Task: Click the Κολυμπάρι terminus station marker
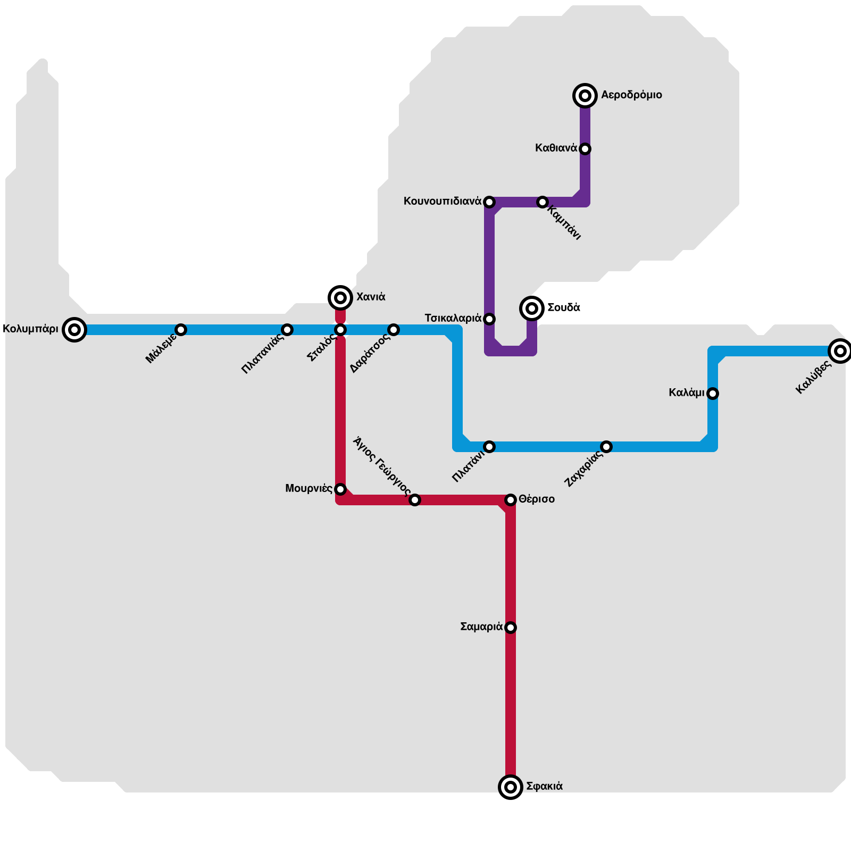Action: click(x=74, y=330)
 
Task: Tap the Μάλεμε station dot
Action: click(x=181, y=330)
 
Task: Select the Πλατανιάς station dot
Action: click(x=287, y=330)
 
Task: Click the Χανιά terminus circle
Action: click(x=340, y=297)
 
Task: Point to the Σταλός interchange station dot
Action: click(x=340, y=330)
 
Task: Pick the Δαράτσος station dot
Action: click(x=394, y=330)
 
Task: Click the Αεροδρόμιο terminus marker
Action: click(x=585, y=96)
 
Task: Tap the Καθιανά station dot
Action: click(x=585, y=149)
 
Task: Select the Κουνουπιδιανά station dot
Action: click(x=489, y=202)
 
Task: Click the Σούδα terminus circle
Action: click(x=532, y=308)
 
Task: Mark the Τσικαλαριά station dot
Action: click(x=489, y=319)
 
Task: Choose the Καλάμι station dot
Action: click(x=713, y=394)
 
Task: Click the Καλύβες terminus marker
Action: click(x=840, y=351)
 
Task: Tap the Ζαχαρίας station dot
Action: click(x=606, y=447)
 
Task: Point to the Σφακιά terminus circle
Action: click(x=511, y=787)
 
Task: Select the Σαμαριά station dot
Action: click(x=511, y=628)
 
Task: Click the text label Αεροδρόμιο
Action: click(x=631, y=95)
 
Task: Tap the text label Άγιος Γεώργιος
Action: click(x=382, y=465)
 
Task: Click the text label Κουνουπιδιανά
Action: click(x=443, y=202)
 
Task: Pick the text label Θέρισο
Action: click(x=537, y=499)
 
